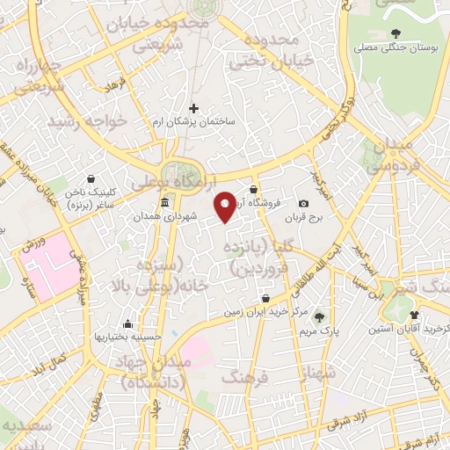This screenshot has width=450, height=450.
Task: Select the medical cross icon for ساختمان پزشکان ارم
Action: pos(194,108)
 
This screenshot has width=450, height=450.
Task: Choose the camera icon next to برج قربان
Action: pos(304,203)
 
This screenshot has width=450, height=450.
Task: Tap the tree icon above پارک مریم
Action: pos(318,317)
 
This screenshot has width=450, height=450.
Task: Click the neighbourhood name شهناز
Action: pos(318,373)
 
